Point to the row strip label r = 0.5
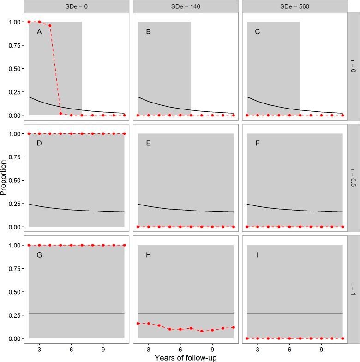point(353,177)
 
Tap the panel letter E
point(148,144)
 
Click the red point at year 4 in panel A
point(50,25)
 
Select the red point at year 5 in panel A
point(60,113)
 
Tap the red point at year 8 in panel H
point(202,331)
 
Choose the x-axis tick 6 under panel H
point(180,347)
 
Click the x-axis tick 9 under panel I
point(321,347)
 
